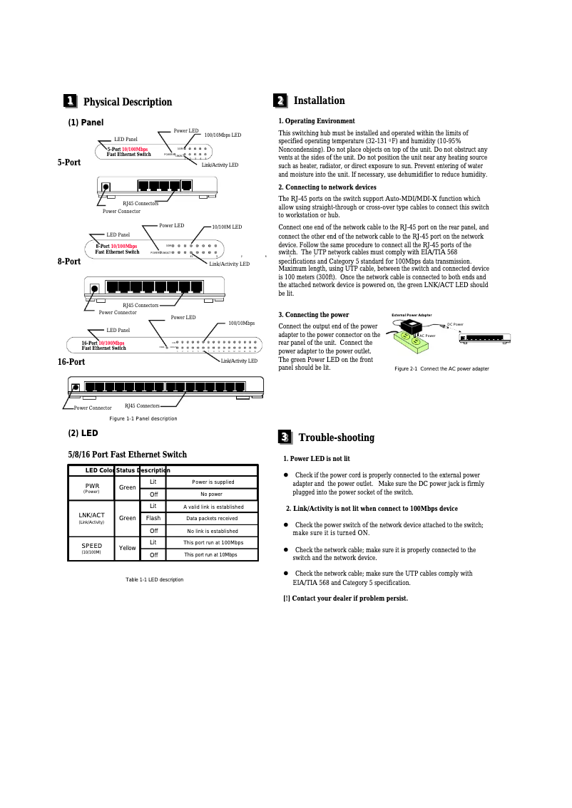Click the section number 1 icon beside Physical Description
click(x=71, y=101)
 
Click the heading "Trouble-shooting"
click(x=336, y=437)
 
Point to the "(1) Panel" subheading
click(x=86, y=123)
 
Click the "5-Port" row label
click(x=69, y=162)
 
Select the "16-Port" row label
click(x=71, y=362)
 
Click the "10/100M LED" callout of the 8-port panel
click(x=227, y=227)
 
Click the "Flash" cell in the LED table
click(x=153, y=518)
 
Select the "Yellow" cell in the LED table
click(x=128, y=548)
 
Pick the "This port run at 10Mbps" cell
click(x=210, y=554)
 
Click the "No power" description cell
click(x=211, y=494)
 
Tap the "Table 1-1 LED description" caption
click(x=155, y=579)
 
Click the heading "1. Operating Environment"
click(x=317, y=121)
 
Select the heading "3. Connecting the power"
click(x=314, y=314)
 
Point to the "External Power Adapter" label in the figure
click(x=412, y=314)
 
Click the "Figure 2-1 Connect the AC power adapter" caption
click(x=441, y=368)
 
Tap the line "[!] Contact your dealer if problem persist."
click(x=346, y=598)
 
